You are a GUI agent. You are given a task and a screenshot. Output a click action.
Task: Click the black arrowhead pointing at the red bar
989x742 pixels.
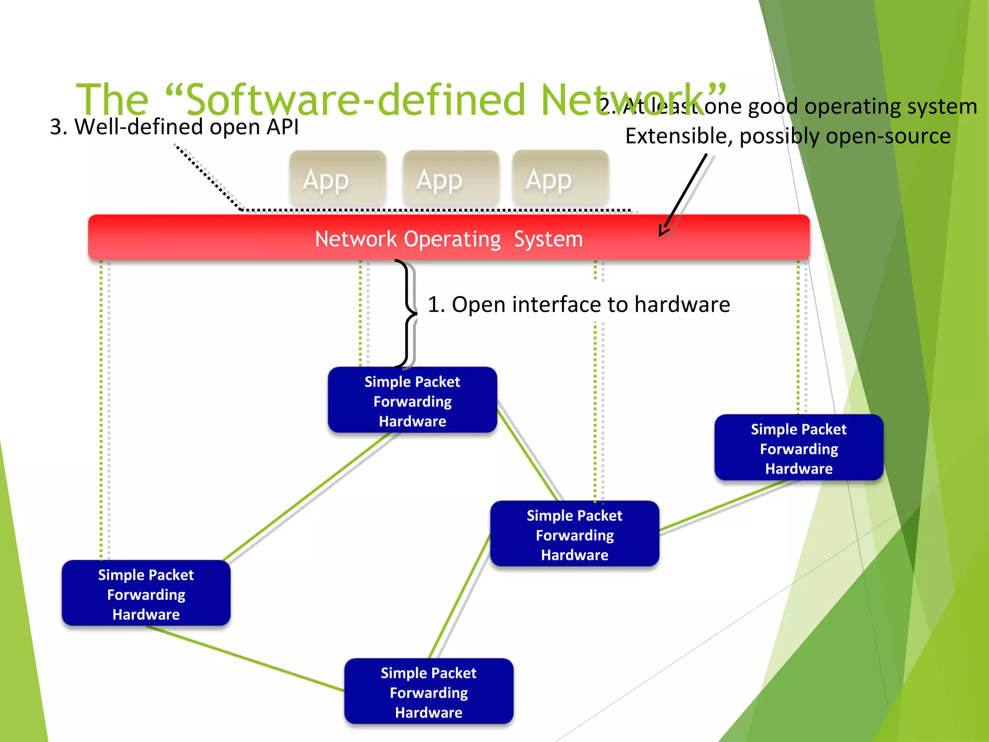pyautogui.click(x=664, y=231)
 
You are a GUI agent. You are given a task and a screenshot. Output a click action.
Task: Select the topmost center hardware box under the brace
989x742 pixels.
pyautogui.click(x=412, y=400)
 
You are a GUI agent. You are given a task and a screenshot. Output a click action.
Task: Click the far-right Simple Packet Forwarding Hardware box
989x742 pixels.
pyautogui.click(x=799, y=448)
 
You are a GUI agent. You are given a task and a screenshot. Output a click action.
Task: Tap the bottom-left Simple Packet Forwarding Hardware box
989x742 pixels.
pyautogui.click(x=146, y=594)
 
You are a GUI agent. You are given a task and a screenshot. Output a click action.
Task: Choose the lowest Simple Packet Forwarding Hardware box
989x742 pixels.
pyautogui.click(x=429, y=692)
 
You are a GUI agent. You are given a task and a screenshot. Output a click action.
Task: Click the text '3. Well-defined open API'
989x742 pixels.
pyautogui.click(x=174, y=127)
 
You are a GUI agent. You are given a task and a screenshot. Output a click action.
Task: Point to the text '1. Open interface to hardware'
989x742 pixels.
pyautogui.click(x=579, y=305)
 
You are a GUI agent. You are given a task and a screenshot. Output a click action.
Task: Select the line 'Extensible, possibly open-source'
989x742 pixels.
pyautogui.click(x=788, y=136)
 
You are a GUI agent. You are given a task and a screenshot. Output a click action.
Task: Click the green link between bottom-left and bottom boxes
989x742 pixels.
pyautogui.click(x=246, y=659)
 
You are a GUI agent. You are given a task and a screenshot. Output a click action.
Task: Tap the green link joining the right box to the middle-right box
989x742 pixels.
pyautogui.click(x=724, y=504)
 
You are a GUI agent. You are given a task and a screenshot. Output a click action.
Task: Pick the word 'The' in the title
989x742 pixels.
pyautogui.click(x=112, y=100)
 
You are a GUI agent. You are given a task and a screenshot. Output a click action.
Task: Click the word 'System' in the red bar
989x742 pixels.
pyautogui.click(x=548, y=239)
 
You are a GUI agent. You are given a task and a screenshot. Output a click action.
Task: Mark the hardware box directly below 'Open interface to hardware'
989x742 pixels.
pyautogui.click(x=575, y=534)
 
